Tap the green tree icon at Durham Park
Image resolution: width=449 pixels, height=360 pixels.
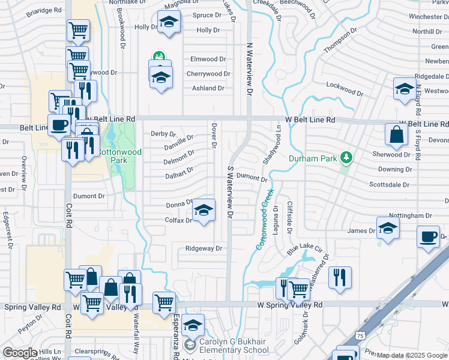pos(346,158)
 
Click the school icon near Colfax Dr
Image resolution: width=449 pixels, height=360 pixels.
pos(203,211)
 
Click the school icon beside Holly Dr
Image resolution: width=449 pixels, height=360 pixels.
pos(169,23)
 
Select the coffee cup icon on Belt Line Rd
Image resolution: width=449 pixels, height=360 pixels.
pos(58,125)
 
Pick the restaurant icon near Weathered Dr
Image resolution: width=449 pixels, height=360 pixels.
pos(340,277)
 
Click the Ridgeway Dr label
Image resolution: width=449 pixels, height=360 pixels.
pos(203,248)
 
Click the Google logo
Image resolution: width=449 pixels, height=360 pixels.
pos(20,353)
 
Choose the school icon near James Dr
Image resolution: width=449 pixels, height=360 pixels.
pos(388,228)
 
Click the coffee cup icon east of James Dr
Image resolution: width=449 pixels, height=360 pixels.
pos(428,236)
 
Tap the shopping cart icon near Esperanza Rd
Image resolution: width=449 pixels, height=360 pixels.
pos(164,302)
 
